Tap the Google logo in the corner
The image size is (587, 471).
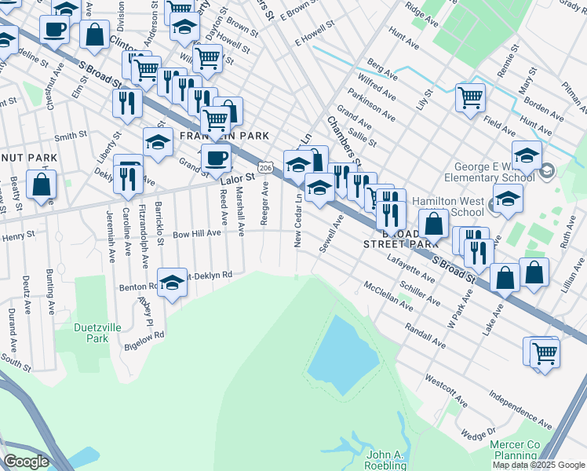click(x=27, y=462)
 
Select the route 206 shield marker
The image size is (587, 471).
click(x=266, y=168)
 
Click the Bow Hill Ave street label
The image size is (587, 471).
click(x=198, y=234)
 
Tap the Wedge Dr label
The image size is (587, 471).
click(x=479, y=434)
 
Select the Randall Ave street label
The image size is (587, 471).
click(x=426, y=338)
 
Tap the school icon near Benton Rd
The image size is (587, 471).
click(x=172, y=281)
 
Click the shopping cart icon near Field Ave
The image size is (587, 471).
click(x=470, y=98)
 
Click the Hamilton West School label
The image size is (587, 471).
click(x=457, y=206)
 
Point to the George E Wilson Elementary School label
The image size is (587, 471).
click(x=494, y=172)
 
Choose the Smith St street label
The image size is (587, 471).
click(x=70, y=136)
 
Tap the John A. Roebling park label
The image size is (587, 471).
click(x=387, y=459)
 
